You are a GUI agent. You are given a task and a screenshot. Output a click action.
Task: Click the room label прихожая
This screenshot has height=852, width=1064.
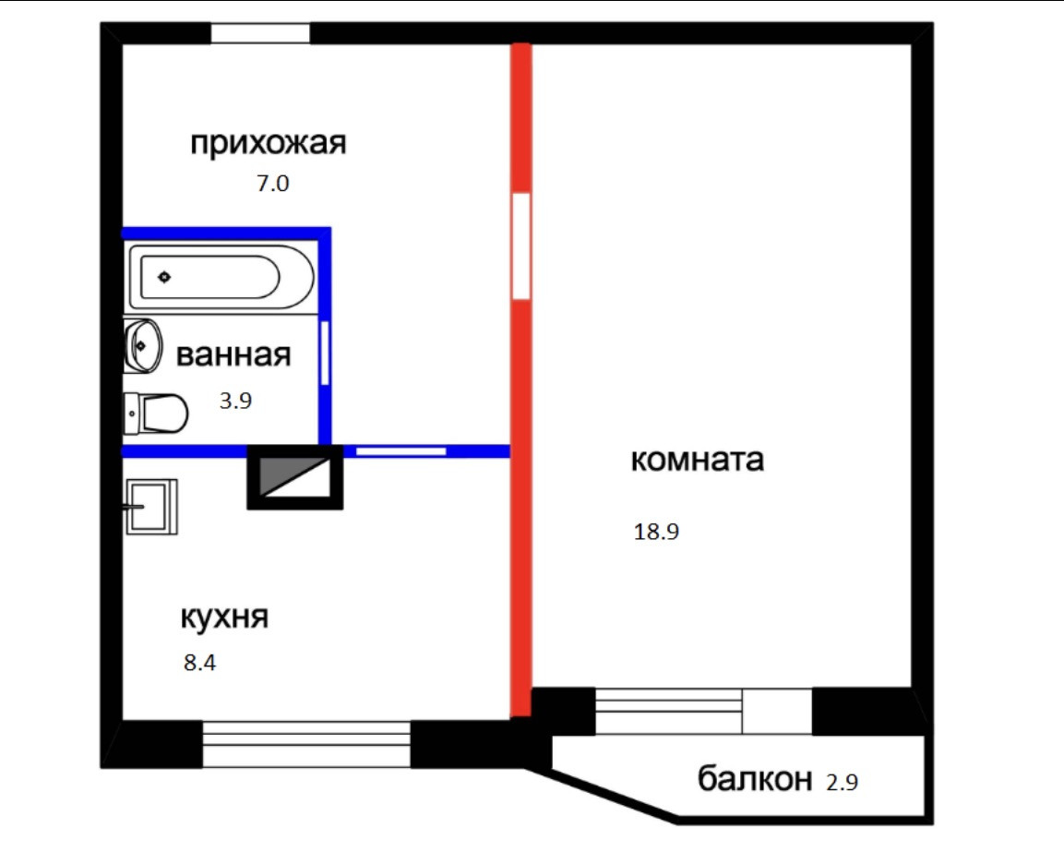coord(268,144)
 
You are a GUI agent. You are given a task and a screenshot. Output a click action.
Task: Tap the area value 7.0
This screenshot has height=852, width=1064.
coord(273,184)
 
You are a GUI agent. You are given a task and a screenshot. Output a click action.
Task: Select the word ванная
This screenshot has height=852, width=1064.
coord(233,354)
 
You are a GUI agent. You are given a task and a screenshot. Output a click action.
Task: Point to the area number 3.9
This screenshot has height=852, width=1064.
coord(235,401)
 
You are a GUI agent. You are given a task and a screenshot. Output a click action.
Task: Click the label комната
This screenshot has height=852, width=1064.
coord(697,459)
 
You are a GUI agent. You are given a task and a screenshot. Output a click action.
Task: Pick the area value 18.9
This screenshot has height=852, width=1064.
coord(656,532)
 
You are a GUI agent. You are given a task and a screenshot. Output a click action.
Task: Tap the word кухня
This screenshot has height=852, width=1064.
coord(224,617)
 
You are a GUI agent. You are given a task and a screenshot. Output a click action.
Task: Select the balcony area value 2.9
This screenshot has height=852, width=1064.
coord(841,783)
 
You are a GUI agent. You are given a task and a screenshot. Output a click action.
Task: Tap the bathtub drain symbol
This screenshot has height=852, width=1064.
coord(164,276)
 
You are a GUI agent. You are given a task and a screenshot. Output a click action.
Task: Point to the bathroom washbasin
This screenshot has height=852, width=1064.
coord(142,345)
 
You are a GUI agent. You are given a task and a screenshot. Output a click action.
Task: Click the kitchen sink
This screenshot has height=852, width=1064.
coord(149,506)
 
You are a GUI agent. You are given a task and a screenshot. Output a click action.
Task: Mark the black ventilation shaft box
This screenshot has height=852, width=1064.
coord(295,477)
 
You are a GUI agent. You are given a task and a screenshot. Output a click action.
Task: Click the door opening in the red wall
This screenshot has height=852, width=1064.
coord(521,246)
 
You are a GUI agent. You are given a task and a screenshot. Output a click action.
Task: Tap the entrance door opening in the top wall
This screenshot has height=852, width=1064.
coord(260,33)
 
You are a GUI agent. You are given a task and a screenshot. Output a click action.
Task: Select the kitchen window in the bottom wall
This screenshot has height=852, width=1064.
coord(305,744)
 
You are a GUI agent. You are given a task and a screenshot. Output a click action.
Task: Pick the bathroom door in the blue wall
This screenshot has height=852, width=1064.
coord(325,352)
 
